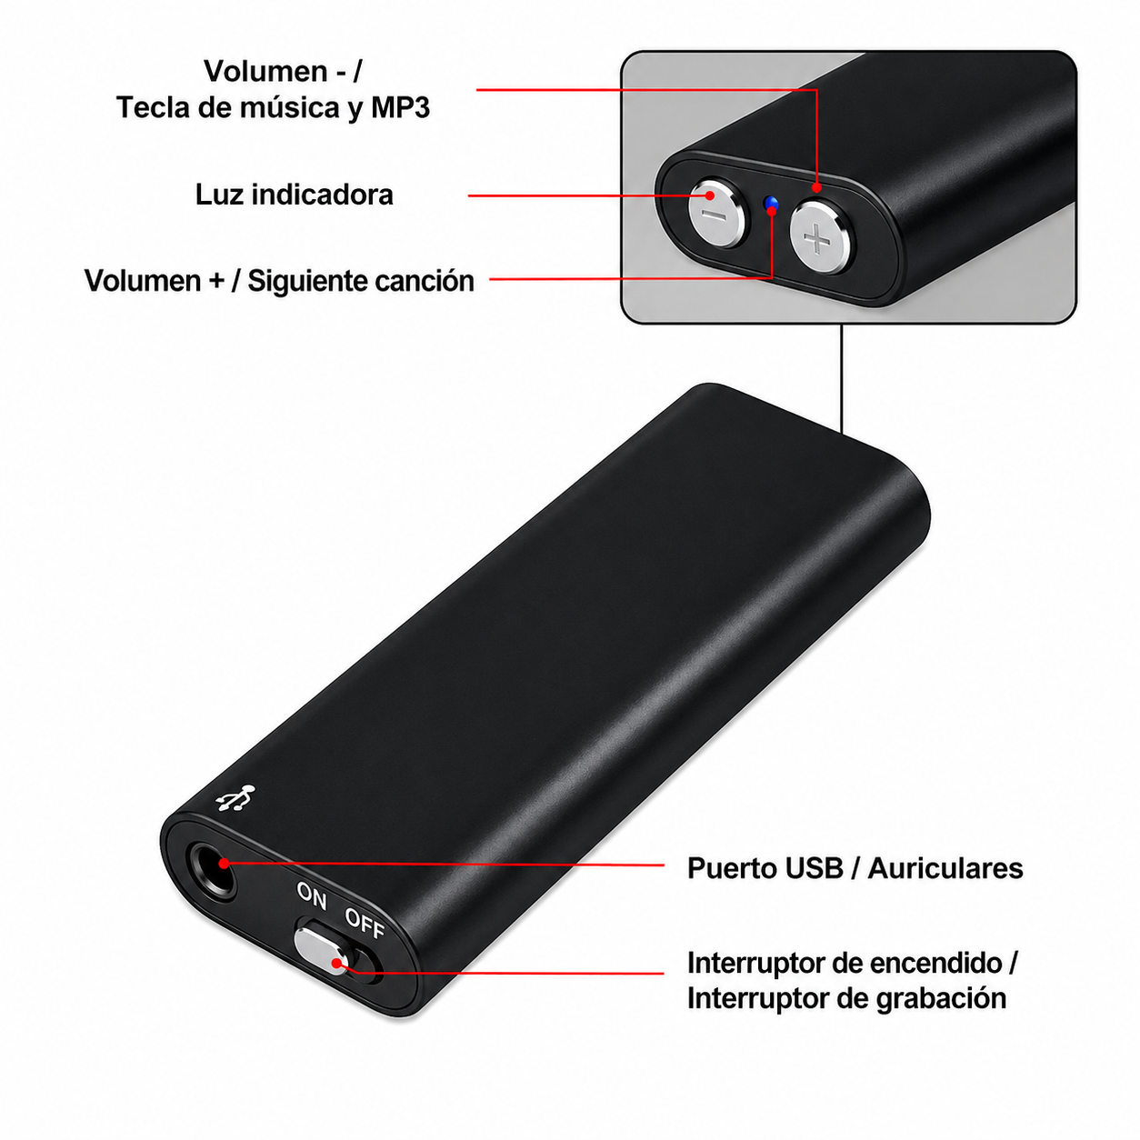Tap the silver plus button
[823, 236]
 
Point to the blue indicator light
[771, 205]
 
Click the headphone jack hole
[211, 870]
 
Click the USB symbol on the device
[236, 797]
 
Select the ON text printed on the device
[311, 895]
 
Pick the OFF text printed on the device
[365, 924]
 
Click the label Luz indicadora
[294, 195]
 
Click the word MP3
[400, 107]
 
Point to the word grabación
[941, 998]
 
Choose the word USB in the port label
[814, 868]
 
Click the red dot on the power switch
[336, 964]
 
